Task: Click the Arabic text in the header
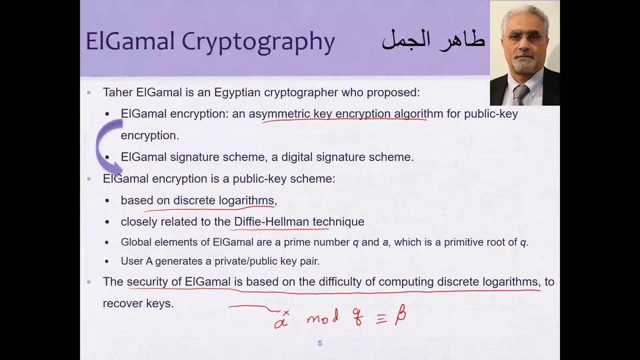[433, 39]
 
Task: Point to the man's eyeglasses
[524, 37]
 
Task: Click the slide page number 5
[320, 343]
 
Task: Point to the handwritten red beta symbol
[400, 315]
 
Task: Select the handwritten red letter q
[357, 316]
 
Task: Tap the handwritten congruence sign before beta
[381, 319]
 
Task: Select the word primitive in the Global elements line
[460, 242]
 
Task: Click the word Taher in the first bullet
[117, 92]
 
